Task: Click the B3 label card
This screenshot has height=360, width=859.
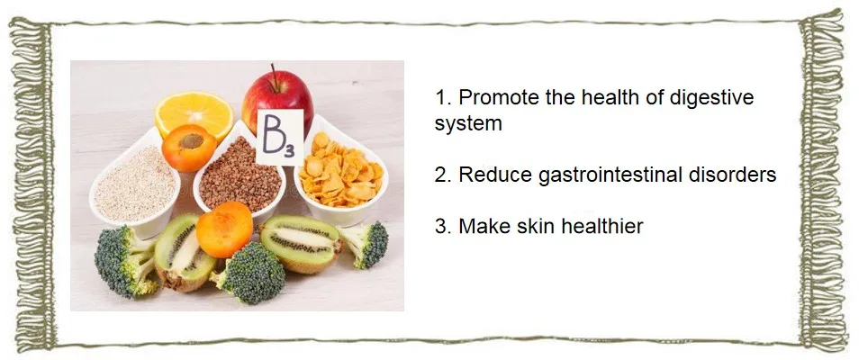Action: coord(279,137)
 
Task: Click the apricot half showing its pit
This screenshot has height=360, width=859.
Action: coord(189,148)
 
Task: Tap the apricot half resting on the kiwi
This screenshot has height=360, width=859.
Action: coord(224,229)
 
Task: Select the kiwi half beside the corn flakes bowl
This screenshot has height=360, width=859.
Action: coord(299,243)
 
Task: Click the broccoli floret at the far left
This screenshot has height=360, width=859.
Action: coord(125,261)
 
